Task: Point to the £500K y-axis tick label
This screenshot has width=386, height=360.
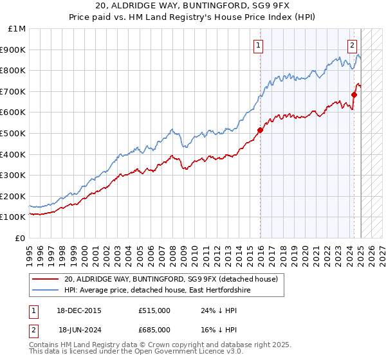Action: coord(15,134)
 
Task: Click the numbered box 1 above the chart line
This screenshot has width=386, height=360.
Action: coord(258,45)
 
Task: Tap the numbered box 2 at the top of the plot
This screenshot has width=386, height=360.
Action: coord(353,45)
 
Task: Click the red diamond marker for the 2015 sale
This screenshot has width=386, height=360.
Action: coord(261,130)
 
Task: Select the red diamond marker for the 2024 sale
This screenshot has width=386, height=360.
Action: coord(354,94)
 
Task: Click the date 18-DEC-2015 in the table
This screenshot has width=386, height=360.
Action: coord(80,310)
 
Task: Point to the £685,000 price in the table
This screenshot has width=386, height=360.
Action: coord(154,330)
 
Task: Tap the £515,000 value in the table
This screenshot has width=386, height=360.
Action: coord(154,310)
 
